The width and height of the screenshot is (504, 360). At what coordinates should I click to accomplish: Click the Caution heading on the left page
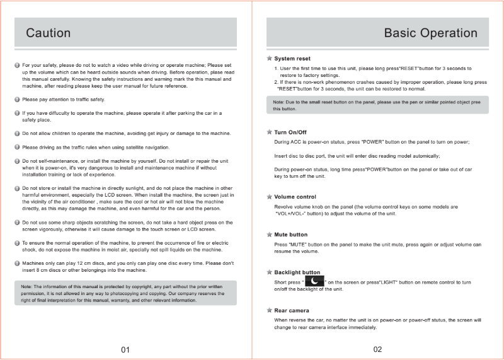[x=48, y=33]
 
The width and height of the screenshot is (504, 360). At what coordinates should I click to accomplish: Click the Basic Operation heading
[x=430, y=33]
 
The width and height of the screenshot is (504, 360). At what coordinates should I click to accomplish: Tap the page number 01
[x=125, y=349]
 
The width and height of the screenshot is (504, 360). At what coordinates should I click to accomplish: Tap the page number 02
[x=377, y=349]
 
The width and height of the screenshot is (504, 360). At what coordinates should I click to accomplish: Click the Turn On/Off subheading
[x=290, y=132]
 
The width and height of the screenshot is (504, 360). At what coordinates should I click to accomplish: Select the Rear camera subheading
[x=292, y=310]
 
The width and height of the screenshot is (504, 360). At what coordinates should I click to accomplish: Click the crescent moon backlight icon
[x=314, y=282]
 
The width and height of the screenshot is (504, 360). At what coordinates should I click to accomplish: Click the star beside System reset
[x=269, y=58]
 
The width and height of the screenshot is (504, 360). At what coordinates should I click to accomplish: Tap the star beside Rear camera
[x=269, y=310]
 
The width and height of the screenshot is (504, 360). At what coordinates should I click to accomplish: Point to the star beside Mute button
[x=269, y=234]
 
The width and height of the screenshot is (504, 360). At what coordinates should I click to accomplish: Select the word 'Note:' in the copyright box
[x=28, y=287]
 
